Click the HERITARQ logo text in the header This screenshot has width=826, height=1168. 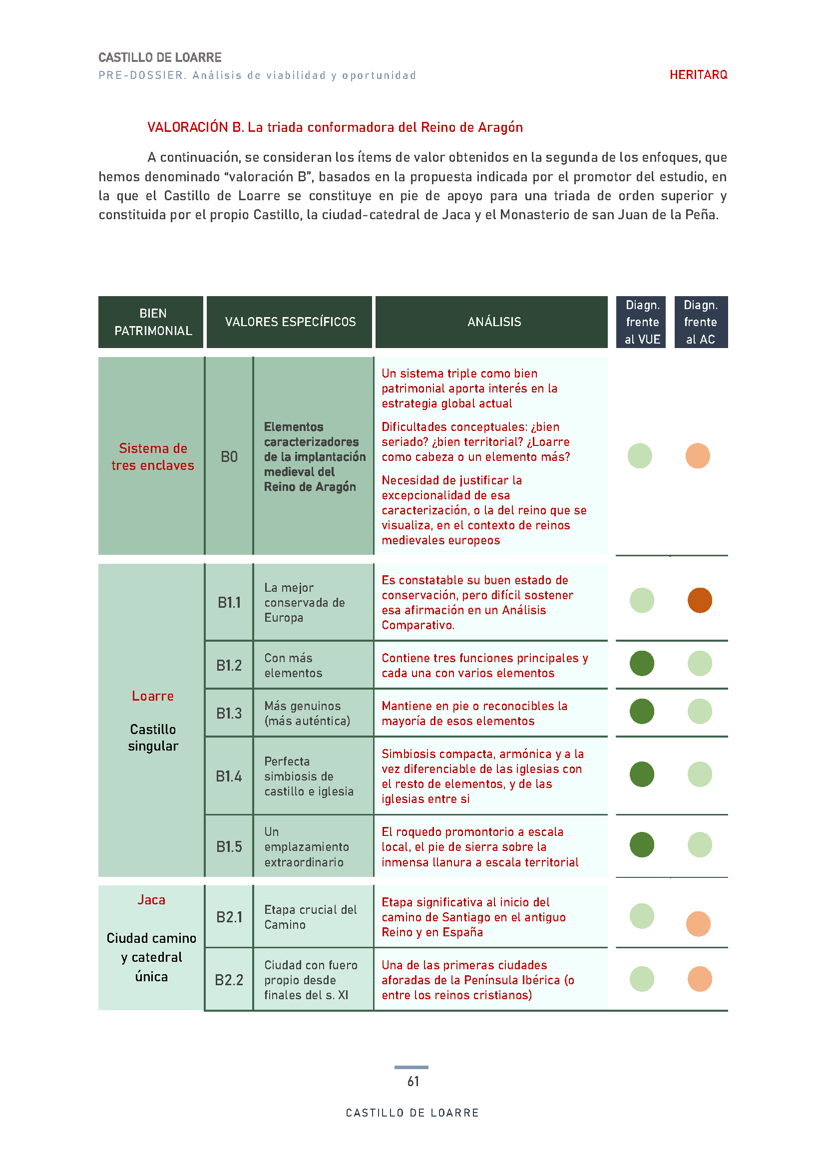click(698, 75)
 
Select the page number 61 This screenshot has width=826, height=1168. click(413, 1081)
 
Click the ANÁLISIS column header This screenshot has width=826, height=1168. click(494, 322)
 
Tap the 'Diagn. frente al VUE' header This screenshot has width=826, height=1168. click(642, 322)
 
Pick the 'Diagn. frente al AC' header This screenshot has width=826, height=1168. click(700, 322)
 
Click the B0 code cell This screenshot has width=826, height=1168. click(229, 456)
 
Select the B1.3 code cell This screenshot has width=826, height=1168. click(229, 713)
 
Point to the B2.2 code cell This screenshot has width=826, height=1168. click(229, 980)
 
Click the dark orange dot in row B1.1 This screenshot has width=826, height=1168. click(699, 600)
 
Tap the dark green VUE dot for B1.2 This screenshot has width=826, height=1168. click(641, 663)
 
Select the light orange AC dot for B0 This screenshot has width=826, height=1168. click(697, 456)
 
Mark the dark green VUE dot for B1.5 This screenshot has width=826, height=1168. click(641, 844)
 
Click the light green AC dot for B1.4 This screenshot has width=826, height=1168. click(699, 775)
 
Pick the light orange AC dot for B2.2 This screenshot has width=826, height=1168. click(699, 979)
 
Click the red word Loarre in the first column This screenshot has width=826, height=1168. click(153, 696)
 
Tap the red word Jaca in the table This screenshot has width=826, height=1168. click(152, 899)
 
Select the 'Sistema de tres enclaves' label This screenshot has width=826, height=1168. click(153, 456)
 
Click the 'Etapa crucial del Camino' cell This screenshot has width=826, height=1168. click(310, 917)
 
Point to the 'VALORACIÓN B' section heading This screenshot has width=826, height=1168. click(335, 127)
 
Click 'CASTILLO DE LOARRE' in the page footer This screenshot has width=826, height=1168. click(413, 1113)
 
